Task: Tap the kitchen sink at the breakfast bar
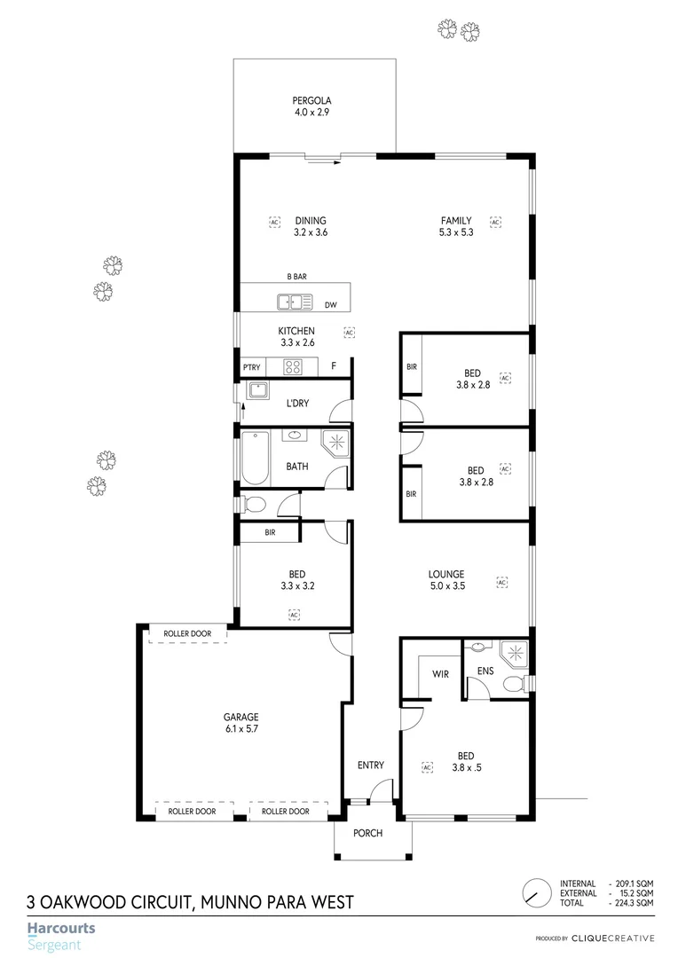point(295,303)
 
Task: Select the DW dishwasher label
point(330,305)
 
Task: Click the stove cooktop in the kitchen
point(294,365)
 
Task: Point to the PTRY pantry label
point(251,366)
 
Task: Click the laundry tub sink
point(258,390)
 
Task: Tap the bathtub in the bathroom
point(255,457)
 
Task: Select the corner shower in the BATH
point(335,444)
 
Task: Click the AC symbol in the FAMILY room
point(496,222)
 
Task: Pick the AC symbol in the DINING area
point(274,222)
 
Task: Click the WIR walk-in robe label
point(440,674)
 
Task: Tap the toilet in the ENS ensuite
point(511,682)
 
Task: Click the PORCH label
point(367,833)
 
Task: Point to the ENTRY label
point(370,765)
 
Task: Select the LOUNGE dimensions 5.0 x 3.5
point(445,585)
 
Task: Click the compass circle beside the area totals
point(535,891)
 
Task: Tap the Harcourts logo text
point(61,929)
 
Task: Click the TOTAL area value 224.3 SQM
point(633,902)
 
